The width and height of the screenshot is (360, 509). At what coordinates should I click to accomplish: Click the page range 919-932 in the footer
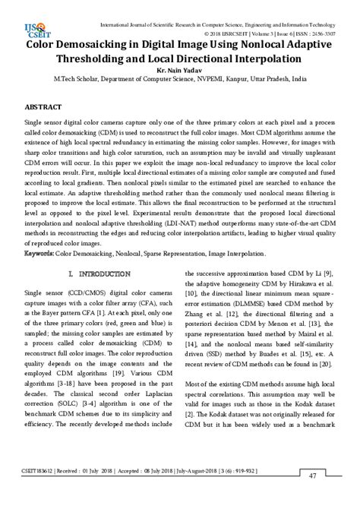[x=243, y=492]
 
